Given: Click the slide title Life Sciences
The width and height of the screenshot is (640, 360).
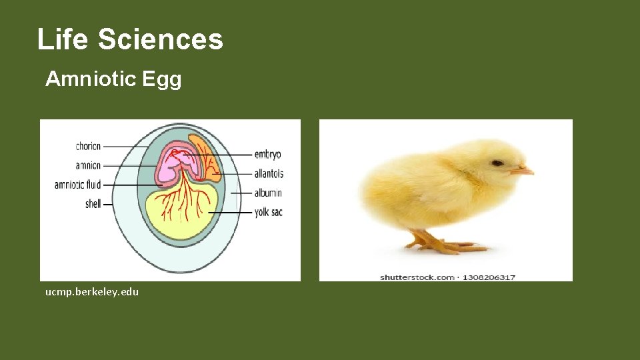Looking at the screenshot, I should pos(130,39).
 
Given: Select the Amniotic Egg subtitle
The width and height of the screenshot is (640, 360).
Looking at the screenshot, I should pos(113,79).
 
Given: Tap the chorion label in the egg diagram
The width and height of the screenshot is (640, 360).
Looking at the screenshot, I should pos(88,147).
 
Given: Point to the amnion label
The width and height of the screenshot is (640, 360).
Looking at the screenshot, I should pos(88,165).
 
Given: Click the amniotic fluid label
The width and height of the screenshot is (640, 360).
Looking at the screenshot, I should pos(77,185).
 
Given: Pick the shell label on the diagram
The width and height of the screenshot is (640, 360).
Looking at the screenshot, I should pos(93,204).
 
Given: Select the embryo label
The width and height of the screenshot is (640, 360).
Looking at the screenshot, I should pos(267,155).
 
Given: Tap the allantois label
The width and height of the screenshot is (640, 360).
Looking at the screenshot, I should pos(269,174).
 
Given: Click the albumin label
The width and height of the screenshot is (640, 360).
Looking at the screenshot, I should pos(268,193).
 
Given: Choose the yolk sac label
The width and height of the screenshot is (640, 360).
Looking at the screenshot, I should pos(268,213).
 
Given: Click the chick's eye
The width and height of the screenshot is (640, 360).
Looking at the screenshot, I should pos(497,163).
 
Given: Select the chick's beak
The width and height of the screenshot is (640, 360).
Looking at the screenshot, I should pos(523,171).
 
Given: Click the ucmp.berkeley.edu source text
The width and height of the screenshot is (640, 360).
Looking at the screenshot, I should pos(92,292).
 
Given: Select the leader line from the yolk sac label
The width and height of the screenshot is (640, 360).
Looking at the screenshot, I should pos(230,213).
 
